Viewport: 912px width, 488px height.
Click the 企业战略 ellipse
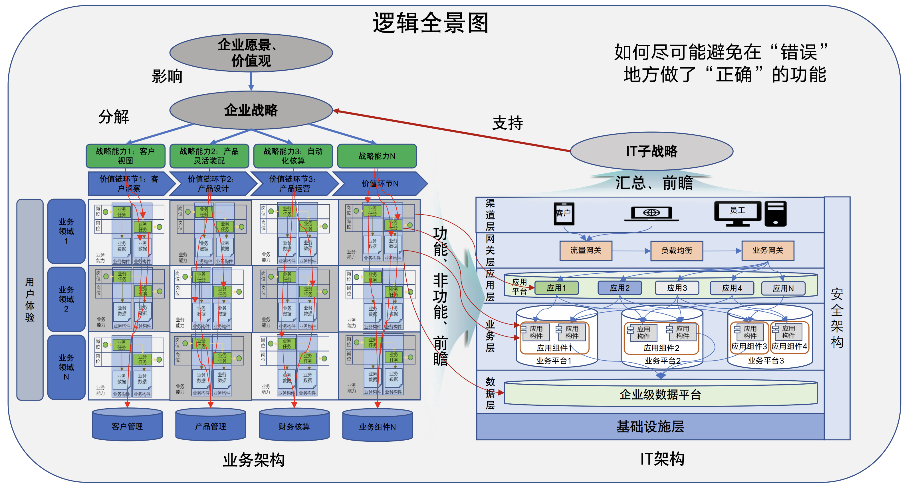click(x=251, y=110)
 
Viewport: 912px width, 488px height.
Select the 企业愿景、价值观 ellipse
click(x=251, y=53)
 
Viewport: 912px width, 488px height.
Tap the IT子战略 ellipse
click(x=651, y=151)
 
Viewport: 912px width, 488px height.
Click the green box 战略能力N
click(x=377, y=156)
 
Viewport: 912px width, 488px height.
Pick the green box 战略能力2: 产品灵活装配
click(x=209, y=156)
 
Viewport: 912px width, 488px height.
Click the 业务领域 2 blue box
click(x=66, y=299)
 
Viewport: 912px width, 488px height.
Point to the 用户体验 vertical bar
click(x=30, y=299)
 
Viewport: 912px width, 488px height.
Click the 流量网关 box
click(x=586, y=251)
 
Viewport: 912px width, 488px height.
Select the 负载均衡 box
click(x=677, y=251)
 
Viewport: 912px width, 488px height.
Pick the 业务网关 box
click(x=768, y=250)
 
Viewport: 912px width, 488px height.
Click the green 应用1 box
click(x=556, y=288)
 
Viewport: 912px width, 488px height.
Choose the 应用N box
click(x=783, y=288)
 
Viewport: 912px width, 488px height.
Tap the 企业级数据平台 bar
click(x=660, y=394)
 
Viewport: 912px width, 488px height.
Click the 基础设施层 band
click(x=650, y=426)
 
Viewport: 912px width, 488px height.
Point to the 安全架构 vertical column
click(x=837, y=318)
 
